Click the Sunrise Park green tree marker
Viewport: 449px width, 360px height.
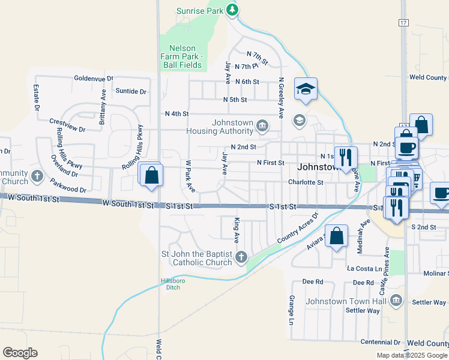[x=232, y=10]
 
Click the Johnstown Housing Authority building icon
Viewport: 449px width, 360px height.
[x=262, y=125]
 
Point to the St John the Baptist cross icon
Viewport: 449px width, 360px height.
[x=241, y=257]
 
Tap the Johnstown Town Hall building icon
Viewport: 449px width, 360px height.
[x=396, y=300]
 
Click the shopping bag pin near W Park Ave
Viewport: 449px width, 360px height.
[x=151, y=176]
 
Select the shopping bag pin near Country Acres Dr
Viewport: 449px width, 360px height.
[x=337, y=236]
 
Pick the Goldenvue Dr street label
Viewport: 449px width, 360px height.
[x=94, y=79]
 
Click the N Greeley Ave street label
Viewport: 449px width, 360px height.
[x=280, y=97]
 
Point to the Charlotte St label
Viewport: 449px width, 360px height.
[x=306, y=182]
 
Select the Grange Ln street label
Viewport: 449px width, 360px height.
[x=291, y=306]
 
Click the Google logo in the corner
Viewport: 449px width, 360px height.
[x=20, y=353]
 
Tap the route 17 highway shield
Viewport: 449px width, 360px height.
[x=403, y=22]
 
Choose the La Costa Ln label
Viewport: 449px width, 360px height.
[x=365, y=269]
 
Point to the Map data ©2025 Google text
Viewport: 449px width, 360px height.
[x=411, y=355]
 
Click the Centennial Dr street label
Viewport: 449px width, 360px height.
[x=380, y=342]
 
